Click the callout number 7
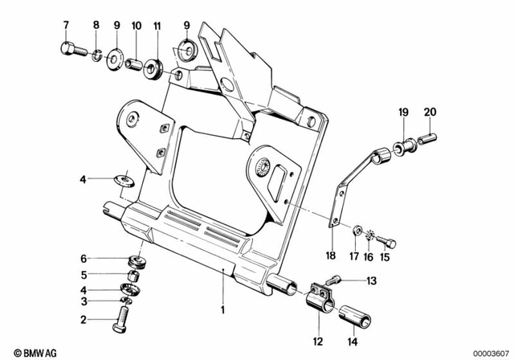67,25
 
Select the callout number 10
137,25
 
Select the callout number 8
96,25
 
